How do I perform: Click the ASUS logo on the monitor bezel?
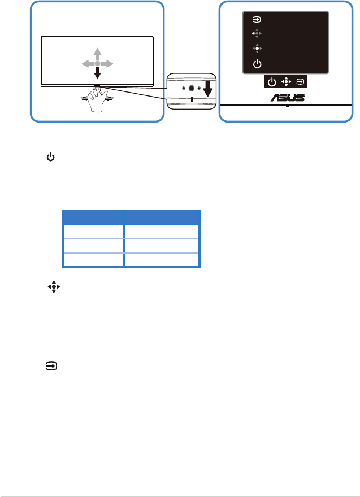tap(288, 98)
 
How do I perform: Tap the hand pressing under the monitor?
tap(97, 99)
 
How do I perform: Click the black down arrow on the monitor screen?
tap(97, 73)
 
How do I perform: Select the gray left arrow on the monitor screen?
tap(88, 64)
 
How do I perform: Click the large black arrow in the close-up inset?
tap(208, 89)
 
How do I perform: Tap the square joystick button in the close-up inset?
tap(191, 89)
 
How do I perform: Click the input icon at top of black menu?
tap(257, 20)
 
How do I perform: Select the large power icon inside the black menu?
tap(257, 64)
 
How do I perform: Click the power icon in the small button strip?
tap(272, 82)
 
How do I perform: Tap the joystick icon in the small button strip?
tap(286, 82)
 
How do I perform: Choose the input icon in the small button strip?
tap(300, 82)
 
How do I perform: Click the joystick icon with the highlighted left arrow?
tap(257, 33)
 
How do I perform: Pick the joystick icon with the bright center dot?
tap(257, 49)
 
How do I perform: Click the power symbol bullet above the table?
tap(51, 157)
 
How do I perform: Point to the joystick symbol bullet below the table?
tap(54, 287)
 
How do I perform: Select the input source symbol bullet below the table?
tap(51, 367)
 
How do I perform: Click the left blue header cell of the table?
tap(93, 217)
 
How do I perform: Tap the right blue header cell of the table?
tap(162, 217)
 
